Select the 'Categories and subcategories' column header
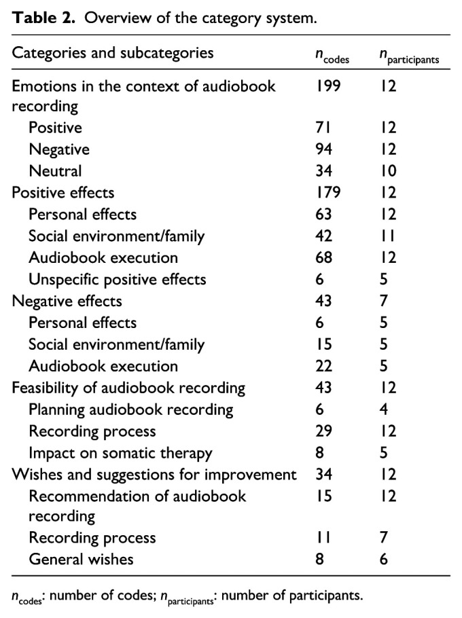tap(113, 53)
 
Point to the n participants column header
tap(409, 57)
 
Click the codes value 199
tap(327, 86)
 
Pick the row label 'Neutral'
tap(55, 170)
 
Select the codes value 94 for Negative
tap(323, 149)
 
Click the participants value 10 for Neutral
tap(387, 170)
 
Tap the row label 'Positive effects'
tap(63, 192)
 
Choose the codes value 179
tap(327, 192)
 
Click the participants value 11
tap(387, 236)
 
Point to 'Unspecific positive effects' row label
tap(117, 279)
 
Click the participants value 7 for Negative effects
tap(384, 301)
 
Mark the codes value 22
tap(323, 366)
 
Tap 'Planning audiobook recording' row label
tap(130, 410)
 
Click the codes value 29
tap(323, 431)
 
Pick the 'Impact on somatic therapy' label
tap(120, 453)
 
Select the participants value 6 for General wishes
tap(384, 559)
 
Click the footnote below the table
tap(187, 598)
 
